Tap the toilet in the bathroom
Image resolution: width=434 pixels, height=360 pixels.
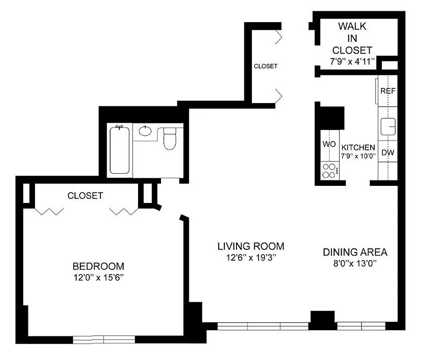point(170,139)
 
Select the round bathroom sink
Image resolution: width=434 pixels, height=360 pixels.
point(145,131)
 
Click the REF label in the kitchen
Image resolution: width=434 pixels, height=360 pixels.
point(388,91)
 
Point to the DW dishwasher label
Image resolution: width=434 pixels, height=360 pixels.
point(388,153)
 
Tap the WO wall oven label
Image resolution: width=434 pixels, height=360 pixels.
point(329,144)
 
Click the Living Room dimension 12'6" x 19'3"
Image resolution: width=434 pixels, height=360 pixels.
point(251,258)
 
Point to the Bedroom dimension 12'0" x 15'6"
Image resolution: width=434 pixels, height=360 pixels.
point(98,278)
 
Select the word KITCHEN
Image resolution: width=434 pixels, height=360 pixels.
point(358,148)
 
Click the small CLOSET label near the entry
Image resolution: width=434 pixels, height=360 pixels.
point(265,66)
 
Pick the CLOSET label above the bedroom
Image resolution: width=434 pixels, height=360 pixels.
point(85,196)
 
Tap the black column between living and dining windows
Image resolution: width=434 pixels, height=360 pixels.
point(322,320)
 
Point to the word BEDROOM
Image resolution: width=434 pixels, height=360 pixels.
point(98,266)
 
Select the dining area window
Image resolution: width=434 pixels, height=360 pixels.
point(361,325)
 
